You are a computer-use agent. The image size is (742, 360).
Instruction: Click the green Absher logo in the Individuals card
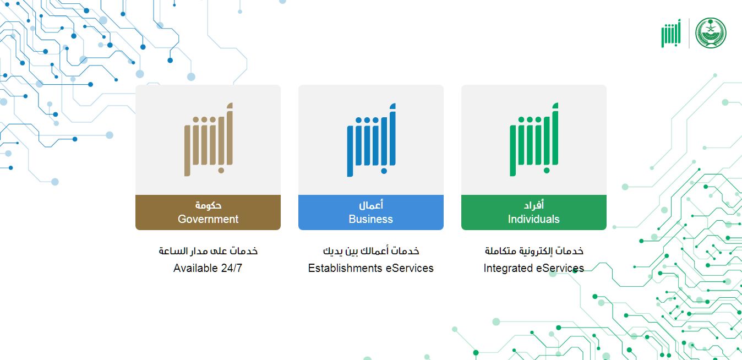point(534,140)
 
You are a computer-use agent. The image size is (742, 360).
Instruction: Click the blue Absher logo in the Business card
point(371,140)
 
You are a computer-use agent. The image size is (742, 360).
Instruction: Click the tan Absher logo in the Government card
point(208,140)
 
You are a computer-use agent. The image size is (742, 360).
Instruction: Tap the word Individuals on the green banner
point(533,219)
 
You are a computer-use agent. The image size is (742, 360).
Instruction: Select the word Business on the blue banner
point(371,219)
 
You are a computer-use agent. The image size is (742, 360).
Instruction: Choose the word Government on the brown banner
point(208,219)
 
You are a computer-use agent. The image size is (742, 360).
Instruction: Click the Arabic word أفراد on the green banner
point(534,205)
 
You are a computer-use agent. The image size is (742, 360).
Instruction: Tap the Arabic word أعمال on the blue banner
point(371,205)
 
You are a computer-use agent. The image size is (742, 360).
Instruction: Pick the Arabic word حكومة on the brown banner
point(208,205)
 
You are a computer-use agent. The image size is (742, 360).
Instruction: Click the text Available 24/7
point(208,269)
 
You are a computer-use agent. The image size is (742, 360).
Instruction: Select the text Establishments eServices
point(370,269)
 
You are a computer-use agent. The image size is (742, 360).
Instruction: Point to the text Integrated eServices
point(533,269)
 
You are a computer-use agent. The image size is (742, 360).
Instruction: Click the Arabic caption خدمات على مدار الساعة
point(208,251)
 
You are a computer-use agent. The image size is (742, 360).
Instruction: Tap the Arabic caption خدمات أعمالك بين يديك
point(371,251)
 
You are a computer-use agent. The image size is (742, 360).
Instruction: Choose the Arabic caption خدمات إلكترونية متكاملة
point(534,251)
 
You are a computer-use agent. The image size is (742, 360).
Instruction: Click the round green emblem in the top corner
point(711,33)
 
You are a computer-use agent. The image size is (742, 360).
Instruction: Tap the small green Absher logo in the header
point(671,34)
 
